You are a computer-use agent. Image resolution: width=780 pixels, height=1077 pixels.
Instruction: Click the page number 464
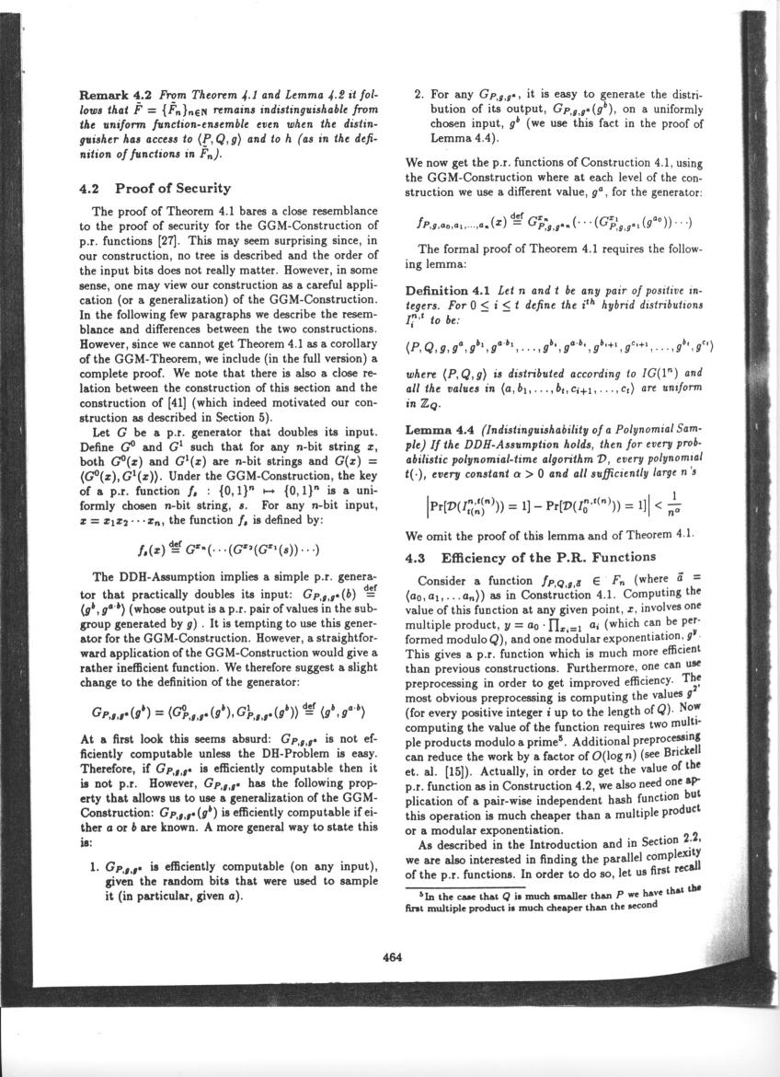[x=393, y=956]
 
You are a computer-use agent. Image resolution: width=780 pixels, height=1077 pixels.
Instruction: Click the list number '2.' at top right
[x=419, y=94]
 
